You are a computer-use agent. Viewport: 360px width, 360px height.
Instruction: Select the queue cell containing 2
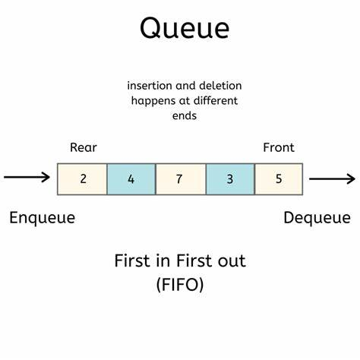click(x=82, y=180)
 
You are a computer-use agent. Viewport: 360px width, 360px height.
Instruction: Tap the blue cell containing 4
click(x=131, y=180)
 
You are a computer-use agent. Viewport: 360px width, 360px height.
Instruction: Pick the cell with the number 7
click(x=180, y=180)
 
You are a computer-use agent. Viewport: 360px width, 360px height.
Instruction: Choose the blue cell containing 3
click(x=229, y=180)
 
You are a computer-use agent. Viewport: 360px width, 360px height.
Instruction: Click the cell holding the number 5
click(x=279, y=180)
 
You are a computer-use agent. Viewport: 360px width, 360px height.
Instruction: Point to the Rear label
click(x=83, y=147)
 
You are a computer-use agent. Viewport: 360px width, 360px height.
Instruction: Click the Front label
click(x=278, y=147)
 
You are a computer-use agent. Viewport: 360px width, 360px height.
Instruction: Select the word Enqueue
click(x=43, y=218)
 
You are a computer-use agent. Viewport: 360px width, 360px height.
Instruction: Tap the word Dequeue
click(x=318, y=218)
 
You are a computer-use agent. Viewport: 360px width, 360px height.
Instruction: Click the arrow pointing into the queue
click(x=27, y=178)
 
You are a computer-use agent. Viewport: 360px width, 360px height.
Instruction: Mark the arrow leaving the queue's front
click(x=331, y=179)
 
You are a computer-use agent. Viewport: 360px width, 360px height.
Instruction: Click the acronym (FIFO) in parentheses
click(x=180, y=287)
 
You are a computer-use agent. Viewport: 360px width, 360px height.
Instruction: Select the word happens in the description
click(x=154, y=101)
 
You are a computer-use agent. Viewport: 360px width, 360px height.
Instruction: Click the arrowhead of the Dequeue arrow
click(x=350, y=179)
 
